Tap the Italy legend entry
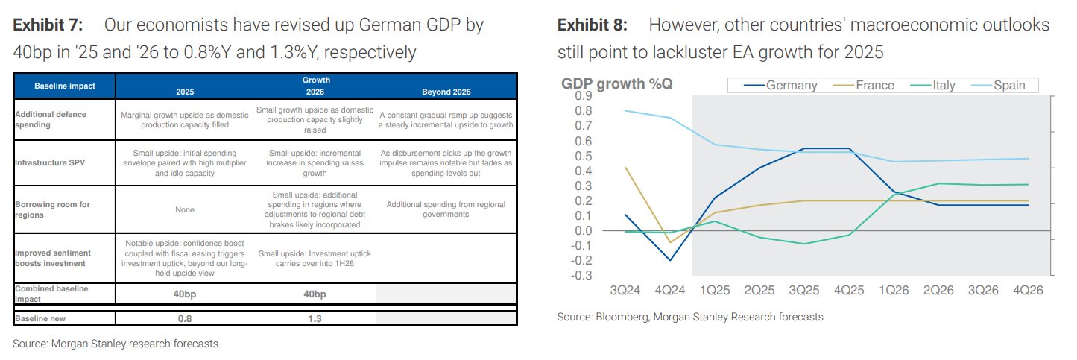943,85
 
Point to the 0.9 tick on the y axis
582,96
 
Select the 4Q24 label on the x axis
669,290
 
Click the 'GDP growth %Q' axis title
616,83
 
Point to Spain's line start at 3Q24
625,110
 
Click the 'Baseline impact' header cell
65,86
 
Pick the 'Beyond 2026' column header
446,92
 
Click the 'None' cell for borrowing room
185,210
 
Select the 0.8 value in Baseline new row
185,318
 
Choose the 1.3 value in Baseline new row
315,318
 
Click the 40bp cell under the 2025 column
185,294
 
